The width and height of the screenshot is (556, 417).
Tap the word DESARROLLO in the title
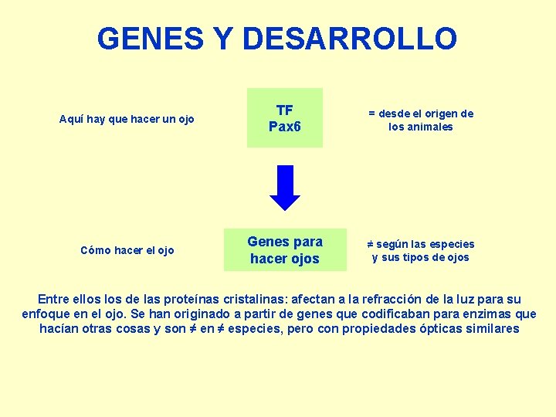pos(349,38)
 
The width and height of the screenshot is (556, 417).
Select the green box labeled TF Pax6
pos(285,117)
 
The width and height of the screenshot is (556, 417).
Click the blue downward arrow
pos(285,188)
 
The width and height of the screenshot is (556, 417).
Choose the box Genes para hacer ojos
pos(285,249)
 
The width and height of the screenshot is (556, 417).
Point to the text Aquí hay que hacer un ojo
pos(127,119)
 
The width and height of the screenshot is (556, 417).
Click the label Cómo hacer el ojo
pos(127,249)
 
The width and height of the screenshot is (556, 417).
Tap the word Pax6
pos(285,126)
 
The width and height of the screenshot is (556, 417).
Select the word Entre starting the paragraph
pos(53,299)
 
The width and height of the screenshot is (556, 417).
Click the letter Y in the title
pos(223,38)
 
